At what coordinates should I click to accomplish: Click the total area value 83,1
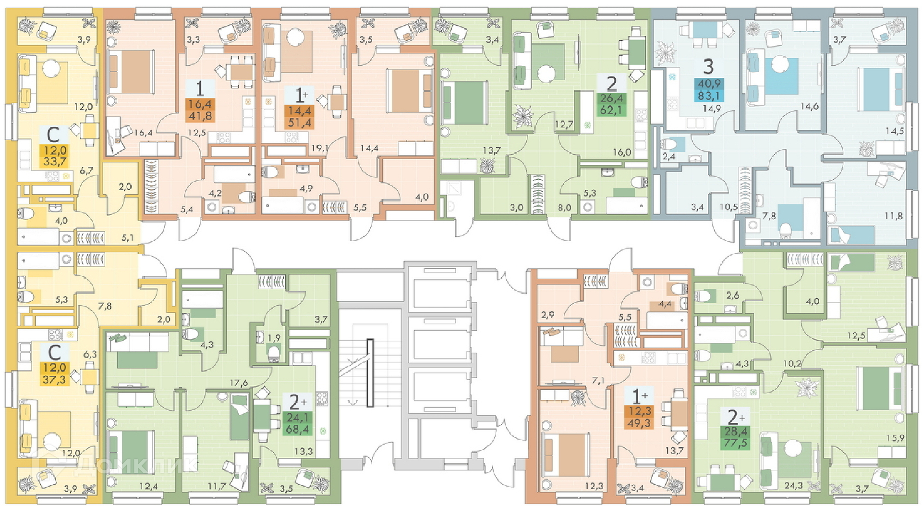tap(708, 96)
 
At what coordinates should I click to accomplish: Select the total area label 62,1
tap(611, 110)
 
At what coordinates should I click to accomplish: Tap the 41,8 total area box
tap(199, 116)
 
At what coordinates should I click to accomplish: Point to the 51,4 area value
tap(300, 123)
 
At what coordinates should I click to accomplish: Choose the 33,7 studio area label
tap(55, 161)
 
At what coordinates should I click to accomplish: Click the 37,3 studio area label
tap(55, 380)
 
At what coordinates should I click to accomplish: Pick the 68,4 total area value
tap(298, 429)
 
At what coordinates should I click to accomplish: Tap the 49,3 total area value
tap(639, 423)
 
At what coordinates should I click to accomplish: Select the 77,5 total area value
tap(736, 443)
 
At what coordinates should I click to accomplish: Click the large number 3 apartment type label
tap(708, 66)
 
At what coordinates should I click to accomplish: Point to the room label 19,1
tap(319, 148)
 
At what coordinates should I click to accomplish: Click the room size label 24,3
tap(793, 486)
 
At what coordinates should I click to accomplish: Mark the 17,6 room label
tap(239, 383)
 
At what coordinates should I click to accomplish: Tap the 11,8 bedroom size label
tap(893, 216)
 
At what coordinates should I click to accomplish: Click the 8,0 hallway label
tap(565, 208)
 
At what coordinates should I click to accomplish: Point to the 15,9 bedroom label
tap(895, 438)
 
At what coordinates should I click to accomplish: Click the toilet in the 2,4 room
tap(667, 144)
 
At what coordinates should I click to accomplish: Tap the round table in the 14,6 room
tap(776, 64)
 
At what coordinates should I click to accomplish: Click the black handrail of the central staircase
tap(370, 373)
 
